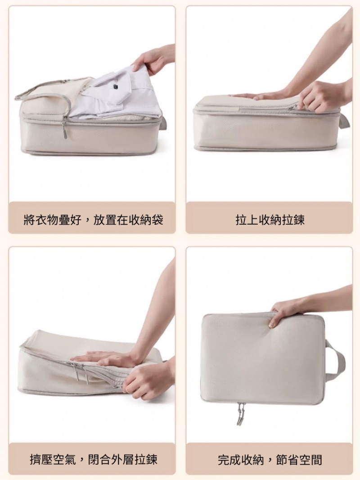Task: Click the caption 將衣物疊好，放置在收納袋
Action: pyautogui.click(x=93, y=219)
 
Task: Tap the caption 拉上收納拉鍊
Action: pyautogui.click(x=270, y=219)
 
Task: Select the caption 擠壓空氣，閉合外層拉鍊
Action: pyautogui.click(x=93, y=459)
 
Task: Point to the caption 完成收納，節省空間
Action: pyautogui.click(x=270, y=459)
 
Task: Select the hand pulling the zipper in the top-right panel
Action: pyautogui.click(x=321, y=95)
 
